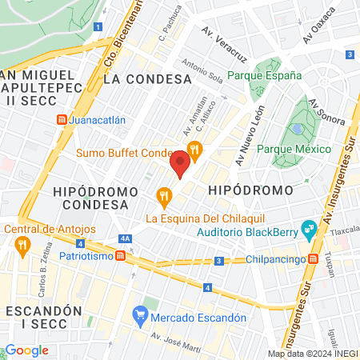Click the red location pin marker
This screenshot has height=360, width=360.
pyautogui.click(x=180, y=163)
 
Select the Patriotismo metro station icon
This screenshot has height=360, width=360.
pyautogui.click(x=119, y=255)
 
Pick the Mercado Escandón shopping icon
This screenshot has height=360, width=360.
pyautogui.click(x=141, y=316)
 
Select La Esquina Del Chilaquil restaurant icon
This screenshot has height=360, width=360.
pyautogui.click(x=164, y=194)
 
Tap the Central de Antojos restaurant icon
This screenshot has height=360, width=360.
pyautogui.click(x=22, y=244)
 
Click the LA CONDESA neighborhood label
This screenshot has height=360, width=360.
pyautogui.click(x=148, y=79)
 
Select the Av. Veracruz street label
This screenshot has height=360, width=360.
pyautogui.click(x=224, y=44)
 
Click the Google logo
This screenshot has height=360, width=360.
pyautogui.click(x=26, y=350)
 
